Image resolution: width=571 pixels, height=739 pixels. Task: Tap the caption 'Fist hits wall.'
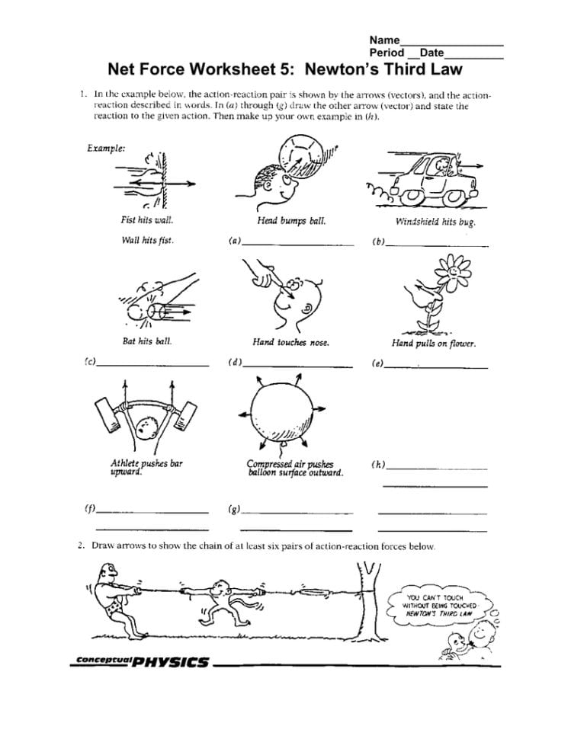(x=147, y=220)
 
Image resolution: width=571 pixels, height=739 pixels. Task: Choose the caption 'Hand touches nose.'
(x=290, y=343)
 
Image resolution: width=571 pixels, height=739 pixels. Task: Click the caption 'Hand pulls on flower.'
(x=434, y=344)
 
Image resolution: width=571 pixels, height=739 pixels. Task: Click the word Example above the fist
(x=106, y=148)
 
